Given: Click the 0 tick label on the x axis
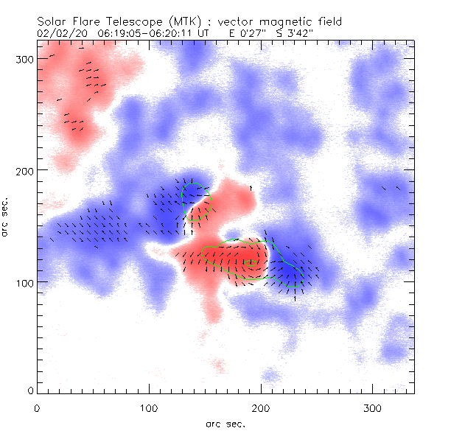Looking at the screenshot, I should click(x=37, y=407).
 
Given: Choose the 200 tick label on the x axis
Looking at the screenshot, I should click(x=260, y=407).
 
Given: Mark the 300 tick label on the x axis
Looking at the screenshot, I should click(x=372, y=407).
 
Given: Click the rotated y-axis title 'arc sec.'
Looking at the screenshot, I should click(x=6, y=217).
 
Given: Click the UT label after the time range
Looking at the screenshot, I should click(x=203, y=33).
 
